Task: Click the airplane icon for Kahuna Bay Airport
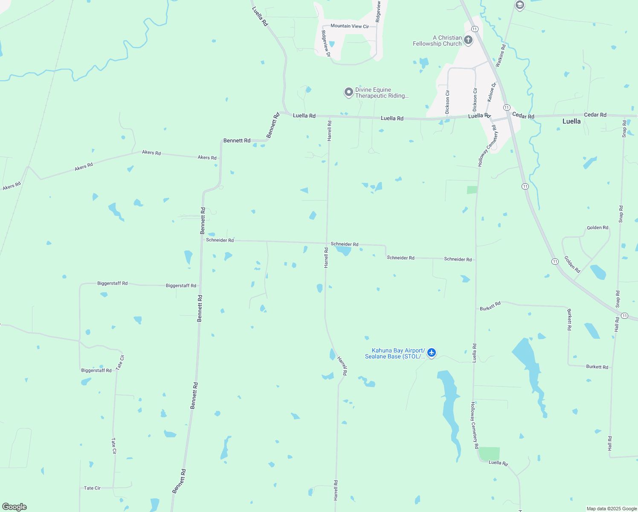[x=432, y=353]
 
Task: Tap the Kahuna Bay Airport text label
[x=395, y=353]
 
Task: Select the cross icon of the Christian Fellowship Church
[x=468, y=41]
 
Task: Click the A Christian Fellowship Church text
[x=437, y=41]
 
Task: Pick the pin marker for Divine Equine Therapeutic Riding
[x=349, y=92]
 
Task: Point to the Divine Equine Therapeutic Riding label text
[x=382, y=93]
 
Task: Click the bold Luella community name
[x=571, y=121]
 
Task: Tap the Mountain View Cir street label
[x=349, y=26]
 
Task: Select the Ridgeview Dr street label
[x=325, y=44]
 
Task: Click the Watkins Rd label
[x=501, y=55]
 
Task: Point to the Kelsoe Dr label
[x=491, y=92]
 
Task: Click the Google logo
[x=14, y=507]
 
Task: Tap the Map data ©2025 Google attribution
[x=612, y=509]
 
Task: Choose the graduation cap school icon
[x=519, y=5]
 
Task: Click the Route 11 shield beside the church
[x=475, y=29]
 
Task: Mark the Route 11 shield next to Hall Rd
[x=624, y=316]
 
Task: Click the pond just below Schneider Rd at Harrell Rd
[x=344, y=250]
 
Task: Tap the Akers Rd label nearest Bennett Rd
[x=207, y=157]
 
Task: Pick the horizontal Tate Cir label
[x=92, y=488]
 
